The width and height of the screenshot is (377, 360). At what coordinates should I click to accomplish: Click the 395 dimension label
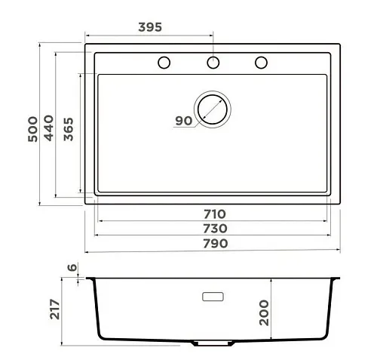coord(150,27)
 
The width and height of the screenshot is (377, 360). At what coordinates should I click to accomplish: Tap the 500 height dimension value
coord(32,129)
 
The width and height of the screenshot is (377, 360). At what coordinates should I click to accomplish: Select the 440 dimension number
coord(48,128)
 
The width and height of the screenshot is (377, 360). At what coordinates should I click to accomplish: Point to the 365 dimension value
coord(69,129)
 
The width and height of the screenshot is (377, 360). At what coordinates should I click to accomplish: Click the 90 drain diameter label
coord(184,121)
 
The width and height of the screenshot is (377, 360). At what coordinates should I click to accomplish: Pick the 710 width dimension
coord(215,214)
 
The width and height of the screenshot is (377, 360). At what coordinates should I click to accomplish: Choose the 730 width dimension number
coord(215,229)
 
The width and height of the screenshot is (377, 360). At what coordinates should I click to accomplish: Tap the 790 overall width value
coord(216,243)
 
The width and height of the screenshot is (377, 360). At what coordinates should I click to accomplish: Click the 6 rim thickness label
coord(72,267)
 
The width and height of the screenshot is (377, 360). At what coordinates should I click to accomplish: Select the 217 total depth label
coord(54,309)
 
